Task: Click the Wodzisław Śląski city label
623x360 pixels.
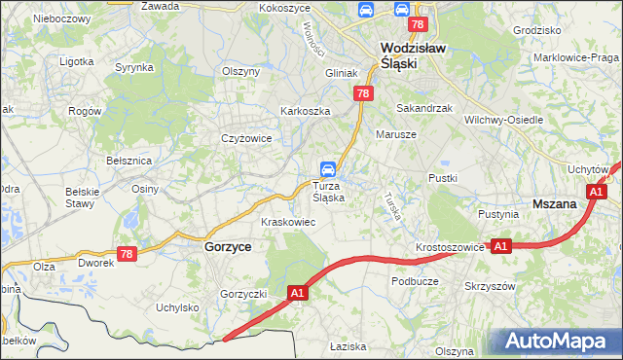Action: coord(399,54)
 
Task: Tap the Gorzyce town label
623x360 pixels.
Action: coord(228,247)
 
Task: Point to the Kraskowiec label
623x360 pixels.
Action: coord(288,222)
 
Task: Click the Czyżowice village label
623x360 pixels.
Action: coord(245,138)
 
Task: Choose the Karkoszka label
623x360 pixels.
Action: coord(306,111)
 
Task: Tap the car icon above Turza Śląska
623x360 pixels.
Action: coord(330,167)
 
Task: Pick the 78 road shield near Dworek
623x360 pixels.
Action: coord(126,253)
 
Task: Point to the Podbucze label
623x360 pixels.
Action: coord(416,280)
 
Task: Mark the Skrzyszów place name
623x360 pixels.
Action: coord(490,287)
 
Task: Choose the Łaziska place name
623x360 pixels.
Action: coord(347,346)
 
